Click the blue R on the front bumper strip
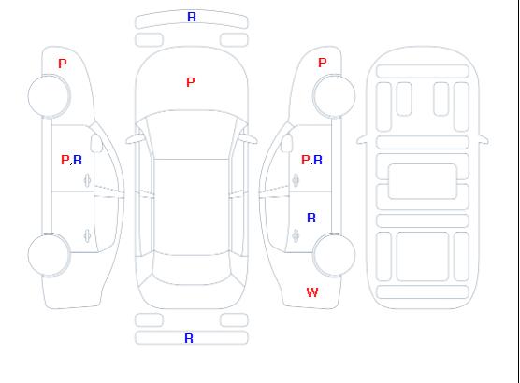click(x=192, y=17)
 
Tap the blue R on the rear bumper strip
click(x=189, y=338)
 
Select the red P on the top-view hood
click(x=191, y=82)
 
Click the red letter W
click(x=312, y=292)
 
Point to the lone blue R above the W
click(x=311, y=218)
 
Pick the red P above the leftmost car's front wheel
click(x=63, y=64)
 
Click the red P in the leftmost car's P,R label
click(x=65, y=160)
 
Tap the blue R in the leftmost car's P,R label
click(x=78, y=160)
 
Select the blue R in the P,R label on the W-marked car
click(x=318, y=160)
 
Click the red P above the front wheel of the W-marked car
click(x=323, y=63)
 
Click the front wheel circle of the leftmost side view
click(x=49, y=76)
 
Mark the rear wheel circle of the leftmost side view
click(x=49, y=234)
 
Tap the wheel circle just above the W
click(x=334, y=234)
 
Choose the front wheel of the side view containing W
click(x=334, y=76)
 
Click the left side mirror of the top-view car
click(x=135, y=139)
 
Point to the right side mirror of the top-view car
click(x=249, y=139)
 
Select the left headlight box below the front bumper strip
click(x=149, y=40)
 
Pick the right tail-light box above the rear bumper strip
click(x=234, y=320)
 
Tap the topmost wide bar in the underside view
click(x=423, y=71)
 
